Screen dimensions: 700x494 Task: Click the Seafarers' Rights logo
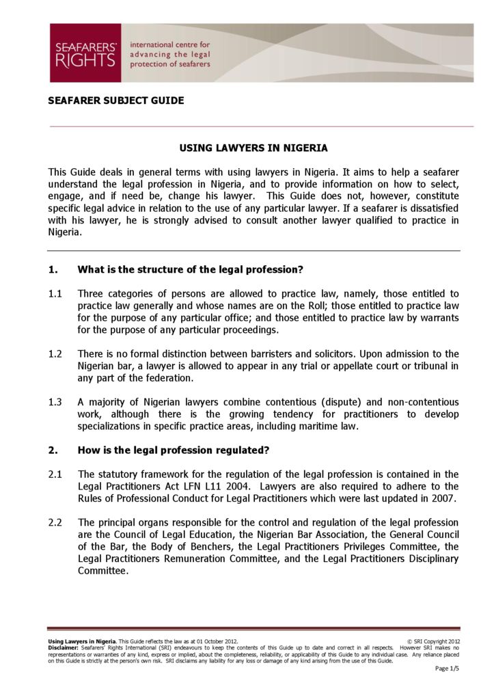click(x=85, y=53)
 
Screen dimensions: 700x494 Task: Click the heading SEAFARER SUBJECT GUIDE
click(x=115, y=100)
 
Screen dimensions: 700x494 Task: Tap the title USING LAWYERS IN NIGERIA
click(x=253, y=148)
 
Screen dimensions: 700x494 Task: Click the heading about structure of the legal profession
click(x=191, y=269)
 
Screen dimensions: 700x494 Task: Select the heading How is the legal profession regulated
click(x=174, y=450)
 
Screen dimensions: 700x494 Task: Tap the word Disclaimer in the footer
click(x=63, y=647)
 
